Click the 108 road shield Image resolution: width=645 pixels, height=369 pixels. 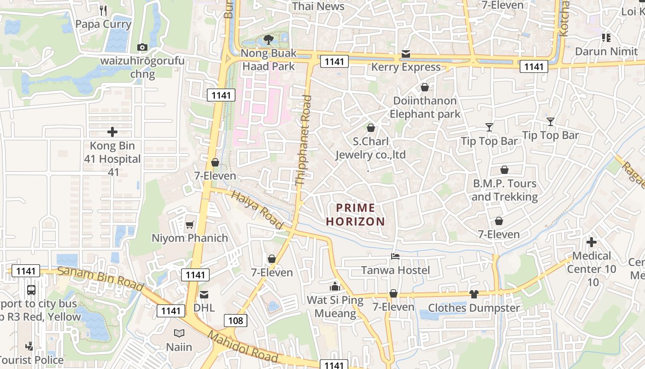[235, 321]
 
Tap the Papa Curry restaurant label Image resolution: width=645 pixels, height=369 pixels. [103, 24]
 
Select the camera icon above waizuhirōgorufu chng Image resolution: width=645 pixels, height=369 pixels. [142, 47]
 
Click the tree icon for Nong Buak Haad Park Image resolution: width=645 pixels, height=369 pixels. [268, 40]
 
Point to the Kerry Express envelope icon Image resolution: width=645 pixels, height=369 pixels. [405, 54]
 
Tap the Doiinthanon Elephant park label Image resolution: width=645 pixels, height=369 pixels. [425, 107]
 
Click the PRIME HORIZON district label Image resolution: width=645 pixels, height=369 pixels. [355, 214]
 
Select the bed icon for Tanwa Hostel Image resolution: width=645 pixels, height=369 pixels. [395, 256]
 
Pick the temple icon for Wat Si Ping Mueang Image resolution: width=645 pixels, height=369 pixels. [335, 286]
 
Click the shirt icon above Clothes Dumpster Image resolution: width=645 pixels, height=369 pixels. [474, 294]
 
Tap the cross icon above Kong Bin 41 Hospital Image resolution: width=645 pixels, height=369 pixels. [112, 132]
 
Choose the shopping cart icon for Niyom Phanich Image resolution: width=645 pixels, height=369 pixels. [189, 225]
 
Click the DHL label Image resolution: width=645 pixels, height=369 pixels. [204, 308]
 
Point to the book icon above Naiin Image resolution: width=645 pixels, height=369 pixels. [179, 333]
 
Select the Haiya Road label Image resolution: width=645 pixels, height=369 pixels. [257, 210]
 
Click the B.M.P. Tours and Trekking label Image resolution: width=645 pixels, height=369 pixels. [504, 190]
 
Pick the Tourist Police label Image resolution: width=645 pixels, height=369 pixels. [31, 360]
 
